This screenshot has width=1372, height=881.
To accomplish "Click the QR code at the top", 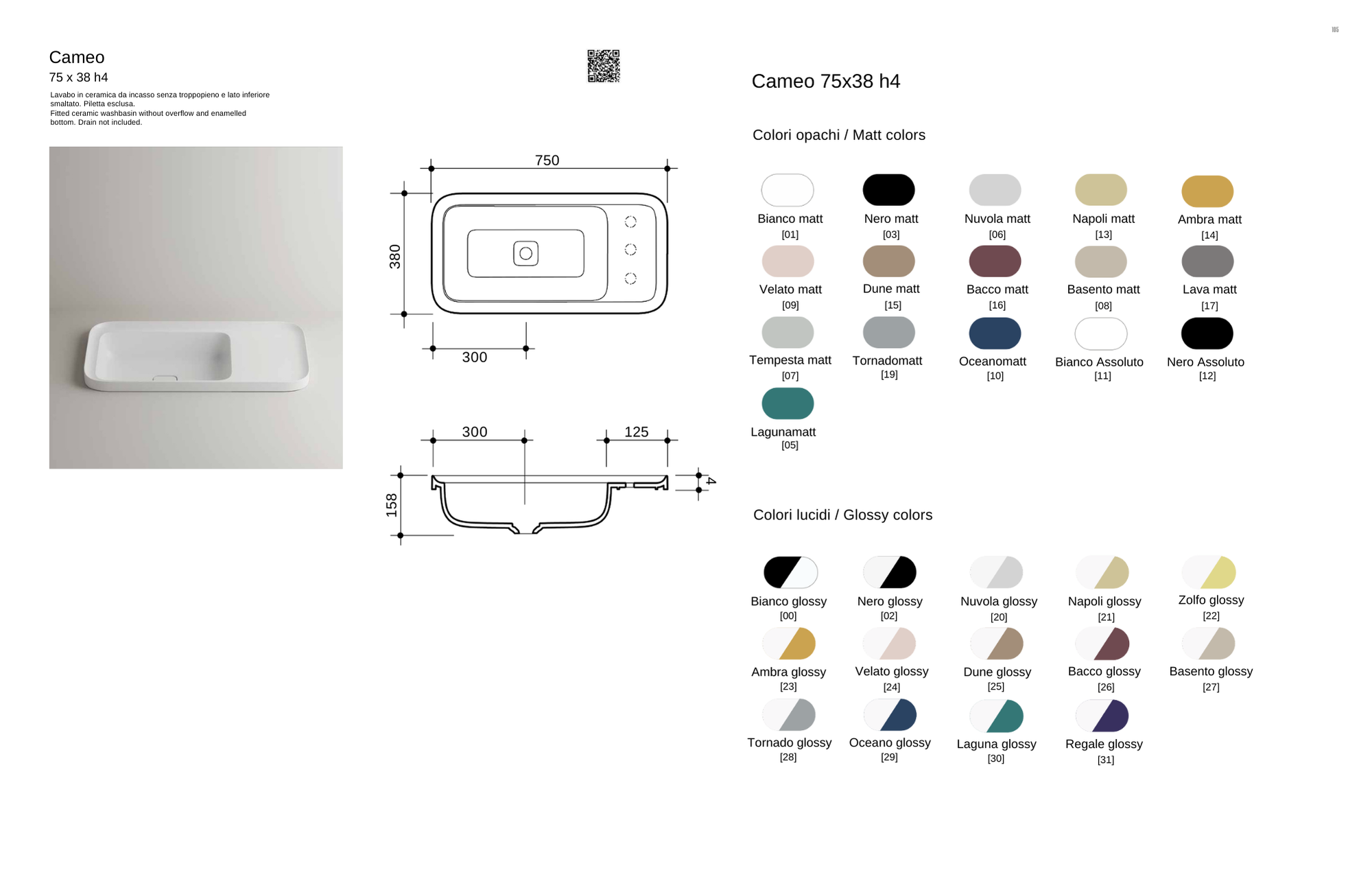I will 604,66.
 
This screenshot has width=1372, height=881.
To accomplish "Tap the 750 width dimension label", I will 547,161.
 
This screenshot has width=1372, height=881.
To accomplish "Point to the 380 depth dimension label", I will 395,256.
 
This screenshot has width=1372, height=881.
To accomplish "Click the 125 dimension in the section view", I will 636,432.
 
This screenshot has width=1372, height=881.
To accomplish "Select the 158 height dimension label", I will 392,505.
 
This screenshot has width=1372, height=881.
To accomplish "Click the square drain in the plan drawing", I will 525,253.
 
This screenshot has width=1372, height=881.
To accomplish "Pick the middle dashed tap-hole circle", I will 630,249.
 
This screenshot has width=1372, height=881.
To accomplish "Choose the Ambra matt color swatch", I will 1207,191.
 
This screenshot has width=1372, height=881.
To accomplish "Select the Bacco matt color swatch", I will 995,261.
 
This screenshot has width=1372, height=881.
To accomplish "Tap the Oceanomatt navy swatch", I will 995,333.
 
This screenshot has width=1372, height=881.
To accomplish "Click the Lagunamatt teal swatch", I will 788,403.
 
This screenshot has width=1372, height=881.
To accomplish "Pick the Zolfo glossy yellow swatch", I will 1209,572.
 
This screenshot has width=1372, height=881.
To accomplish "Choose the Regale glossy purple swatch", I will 1102,716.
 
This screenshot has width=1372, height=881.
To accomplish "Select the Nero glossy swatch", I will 889,572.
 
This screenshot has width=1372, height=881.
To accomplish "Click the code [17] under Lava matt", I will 1209,306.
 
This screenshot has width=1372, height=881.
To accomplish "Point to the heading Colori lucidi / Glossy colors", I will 842,515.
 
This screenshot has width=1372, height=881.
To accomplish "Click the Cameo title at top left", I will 77,58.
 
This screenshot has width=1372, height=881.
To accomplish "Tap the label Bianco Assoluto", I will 1099,362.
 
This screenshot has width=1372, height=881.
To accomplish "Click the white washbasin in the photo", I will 196,356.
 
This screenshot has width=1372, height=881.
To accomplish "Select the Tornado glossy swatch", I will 789,715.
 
